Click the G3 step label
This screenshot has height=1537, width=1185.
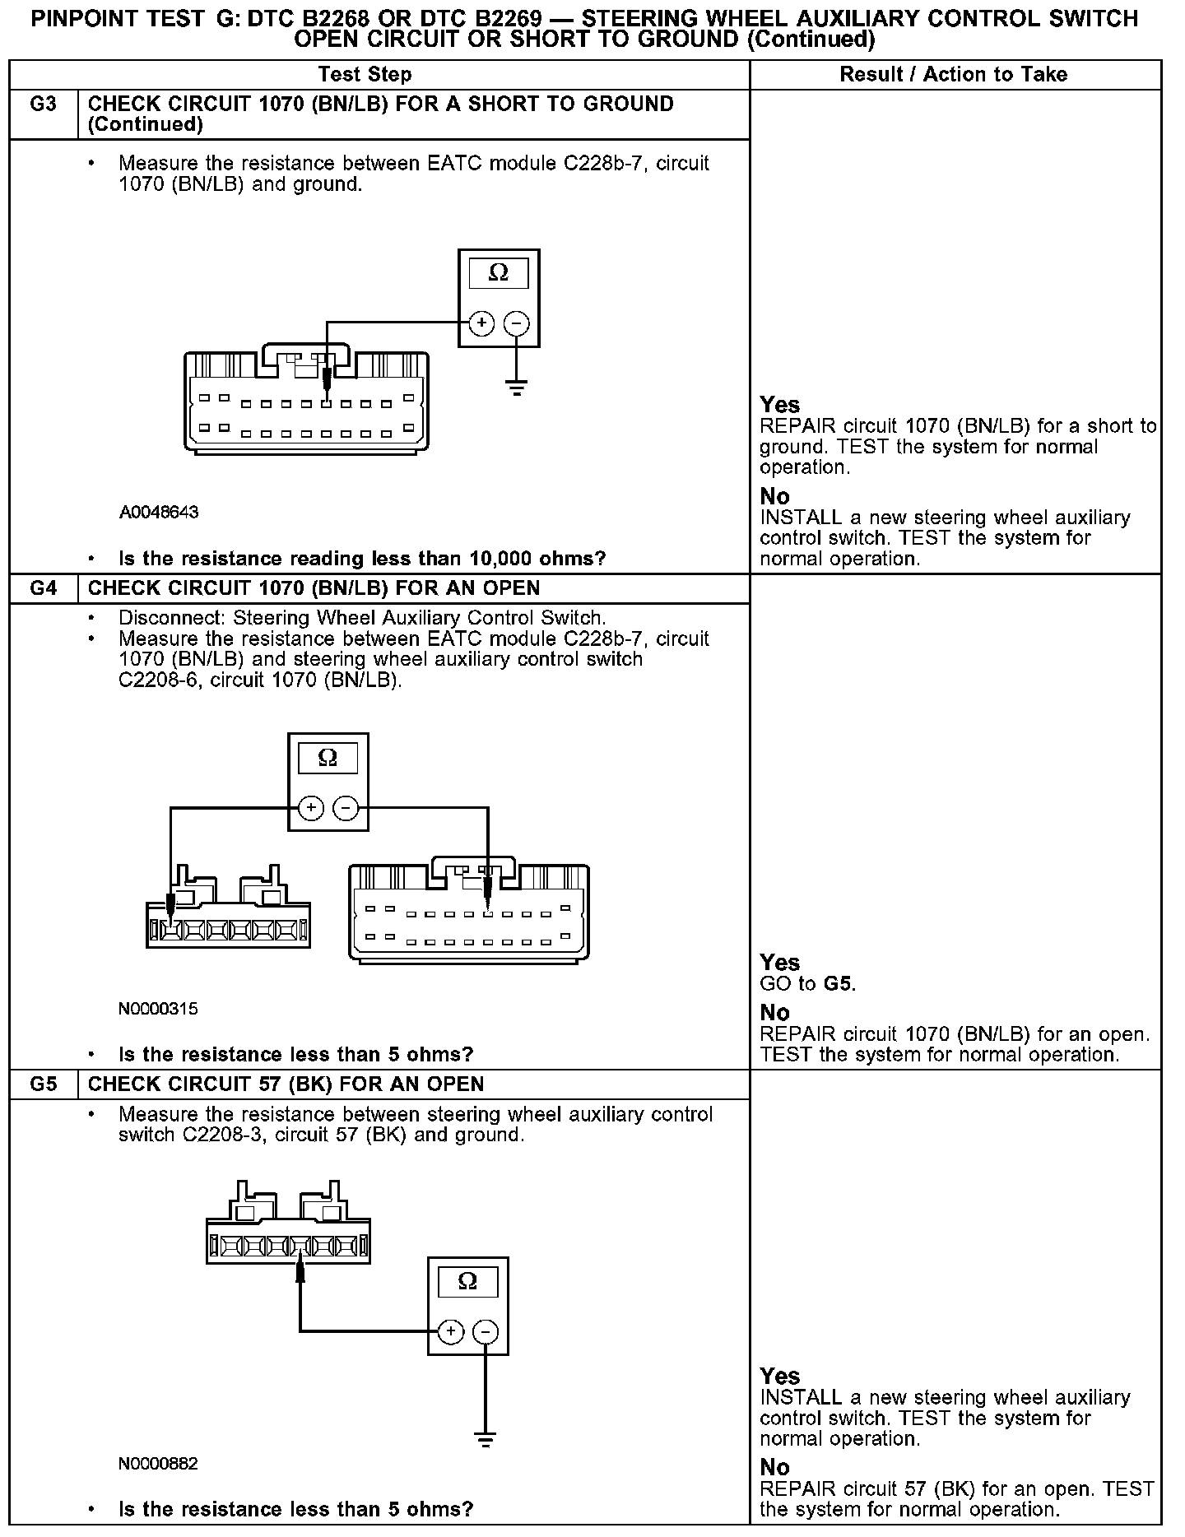coord(44,104)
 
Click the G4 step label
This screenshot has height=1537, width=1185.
coord(44,588)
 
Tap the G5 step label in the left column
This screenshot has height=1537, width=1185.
coord(44,1084)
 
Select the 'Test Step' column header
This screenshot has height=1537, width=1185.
coord(365,75)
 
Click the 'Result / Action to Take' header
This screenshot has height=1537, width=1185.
coord(953,75)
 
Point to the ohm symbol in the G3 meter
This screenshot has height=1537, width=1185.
coord(499,272)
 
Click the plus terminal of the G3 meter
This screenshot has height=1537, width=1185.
coord(481,323)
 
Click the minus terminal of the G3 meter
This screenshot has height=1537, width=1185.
coord(516,323)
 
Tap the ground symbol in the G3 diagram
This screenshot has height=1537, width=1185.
coord(516,388)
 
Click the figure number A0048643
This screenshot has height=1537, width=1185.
coord(159,513)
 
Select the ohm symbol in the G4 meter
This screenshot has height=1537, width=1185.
coord(328,757)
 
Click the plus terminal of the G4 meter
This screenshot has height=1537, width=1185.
coord(310,808)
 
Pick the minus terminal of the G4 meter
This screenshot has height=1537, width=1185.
coord(346,808)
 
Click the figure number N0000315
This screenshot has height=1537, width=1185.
coord(159,1009)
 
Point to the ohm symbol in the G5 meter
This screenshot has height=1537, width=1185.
coord(467,1281)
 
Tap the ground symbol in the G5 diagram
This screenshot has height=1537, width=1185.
coord(486,1440)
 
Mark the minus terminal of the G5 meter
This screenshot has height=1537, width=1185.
coord(486,1331)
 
